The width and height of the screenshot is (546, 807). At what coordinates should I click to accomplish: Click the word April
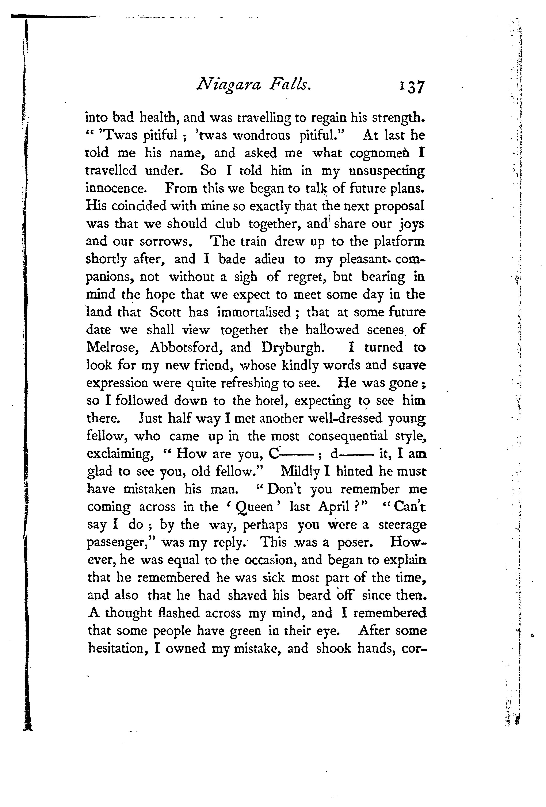[333, 507]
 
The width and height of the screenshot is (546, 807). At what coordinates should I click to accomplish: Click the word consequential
[348, 436]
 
